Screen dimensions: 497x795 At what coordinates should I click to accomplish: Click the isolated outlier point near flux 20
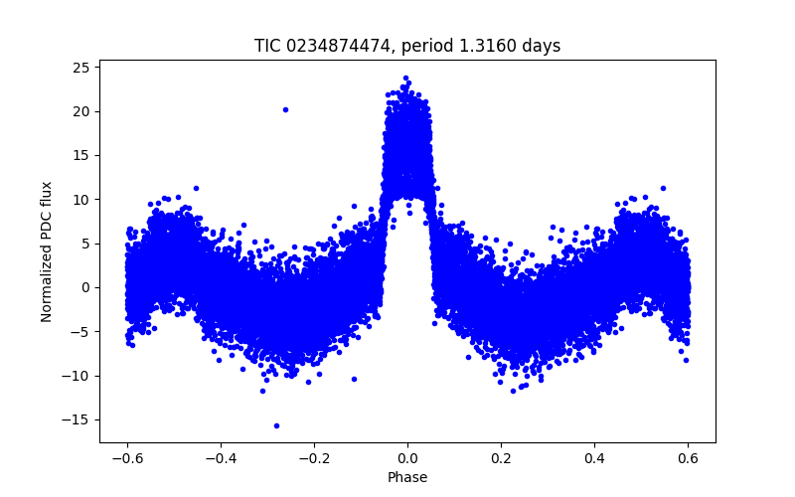(x=285, y=109)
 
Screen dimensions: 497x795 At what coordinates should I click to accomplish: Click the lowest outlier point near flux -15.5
(x=276, y=425)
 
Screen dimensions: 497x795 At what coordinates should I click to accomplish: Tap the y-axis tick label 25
(x=80, y=67)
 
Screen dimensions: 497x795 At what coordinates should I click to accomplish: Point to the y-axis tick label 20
(x=80, y=111)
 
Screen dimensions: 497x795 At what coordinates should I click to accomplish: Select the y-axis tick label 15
(x=80, y=155)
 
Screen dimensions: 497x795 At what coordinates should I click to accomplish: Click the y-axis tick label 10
(x=80, y=199)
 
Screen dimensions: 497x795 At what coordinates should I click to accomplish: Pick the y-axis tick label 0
(x=84, y=287)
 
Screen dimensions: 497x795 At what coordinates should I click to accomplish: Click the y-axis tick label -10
(x=76, y=376)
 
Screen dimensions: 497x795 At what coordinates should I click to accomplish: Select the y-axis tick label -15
(x=76, y=419)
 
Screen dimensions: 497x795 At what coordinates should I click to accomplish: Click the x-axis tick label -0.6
(x=126, y=458)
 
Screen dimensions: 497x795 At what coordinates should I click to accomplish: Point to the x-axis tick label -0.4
(x=220, y=458)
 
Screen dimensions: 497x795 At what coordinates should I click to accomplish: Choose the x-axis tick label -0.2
(x=313, y=458)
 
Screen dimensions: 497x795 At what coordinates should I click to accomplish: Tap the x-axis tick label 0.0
(x=407, y=458)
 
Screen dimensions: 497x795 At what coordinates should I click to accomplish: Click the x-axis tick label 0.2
(x=501, y=458)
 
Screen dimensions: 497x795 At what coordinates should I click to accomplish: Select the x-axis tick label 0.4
(x=594, y=458)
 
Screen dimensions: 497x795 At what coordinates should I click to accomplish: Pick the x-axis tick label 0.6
(x=688, y=458)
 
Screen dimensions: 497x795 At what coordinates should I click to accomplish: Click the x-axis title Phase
(x=407, y=477)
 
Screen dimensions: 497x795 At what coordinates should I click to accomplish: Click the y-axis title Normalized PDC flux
(x=47, y=250)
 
